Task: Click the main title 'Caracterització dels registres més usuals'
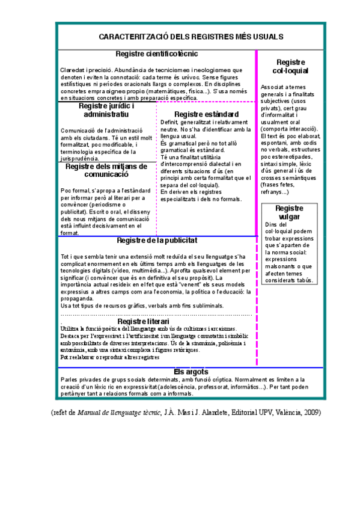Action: (x=191, y=37)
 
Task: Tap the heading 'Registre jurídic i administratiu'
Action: (x=106, y=110)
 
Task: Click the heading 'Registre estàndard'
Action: (x=206, y=114)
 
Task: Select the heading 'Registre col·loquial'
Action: (x=291, y=67)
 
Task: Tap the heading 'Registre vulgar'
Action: (x=290, y=212)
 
